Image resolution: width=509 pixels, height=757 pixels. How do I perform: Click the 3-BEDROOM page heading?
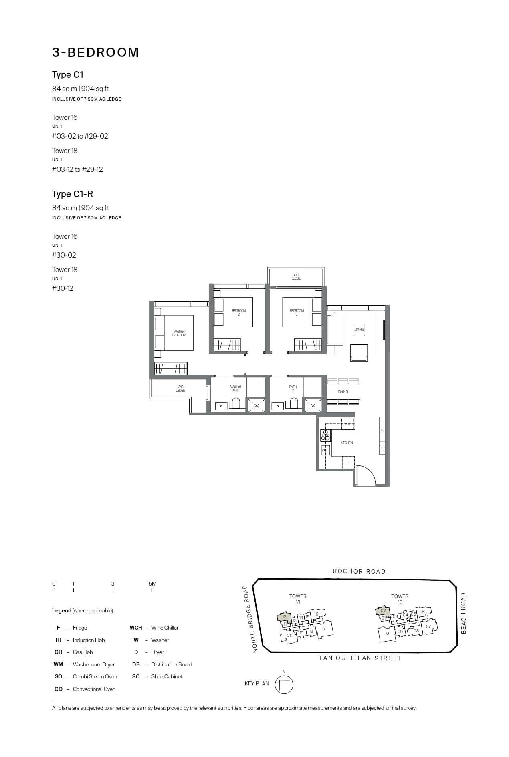pos(95,52)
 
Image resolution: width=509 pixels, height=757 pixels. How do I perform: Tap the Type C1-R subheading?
pos(73,194)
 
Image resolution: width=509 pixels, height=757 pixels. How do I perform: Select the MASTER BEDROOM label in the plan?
pos(179,333)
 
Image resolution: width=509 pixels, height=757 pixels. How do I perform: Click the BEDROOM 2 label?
pos(239,312)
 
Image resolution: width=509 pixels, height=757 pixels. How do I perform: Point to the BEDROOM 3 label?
pos(297,312)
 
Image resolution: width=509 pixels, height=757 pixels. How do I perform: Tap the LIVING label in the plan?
pos(359,330)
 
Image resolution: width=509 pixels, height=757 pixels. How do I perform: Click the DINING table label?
pos(343,392)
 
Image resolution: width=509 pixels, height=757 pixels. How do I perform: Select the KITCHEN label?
pos(347,443)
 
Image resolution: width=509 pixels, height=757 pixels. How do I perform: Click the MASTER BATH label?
pos(236,388)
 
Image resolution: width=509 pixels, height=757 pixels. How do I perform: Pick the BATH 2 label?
pos(293,389)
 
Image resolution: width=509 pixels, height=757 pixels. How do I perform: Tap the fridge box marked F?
pos(348,462)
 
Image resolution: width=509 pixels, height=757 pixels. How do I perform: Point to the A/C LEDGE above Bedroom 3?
pos(296,277)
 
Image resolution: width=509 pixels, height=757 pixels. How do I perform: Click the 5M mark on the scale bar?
pos(152,584)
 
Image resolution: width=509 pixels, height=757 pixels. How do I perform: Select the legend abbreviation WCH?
pos(136,628)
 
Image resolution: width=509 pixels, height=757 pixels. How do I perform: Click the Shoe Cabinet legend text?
pos(167,676)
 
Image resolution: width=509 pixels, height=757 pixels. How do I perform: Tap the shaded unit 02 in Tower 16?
pos(383,611)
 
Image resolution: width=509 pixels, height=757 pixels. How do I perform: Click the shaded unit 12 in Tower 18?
pos(284,617)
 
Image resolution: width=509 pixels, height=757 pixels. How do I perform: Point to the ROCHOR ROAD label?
pos(359,572)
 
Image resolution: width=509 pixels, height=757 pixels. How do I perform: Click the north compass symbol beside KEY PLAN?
pos(284,685)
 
